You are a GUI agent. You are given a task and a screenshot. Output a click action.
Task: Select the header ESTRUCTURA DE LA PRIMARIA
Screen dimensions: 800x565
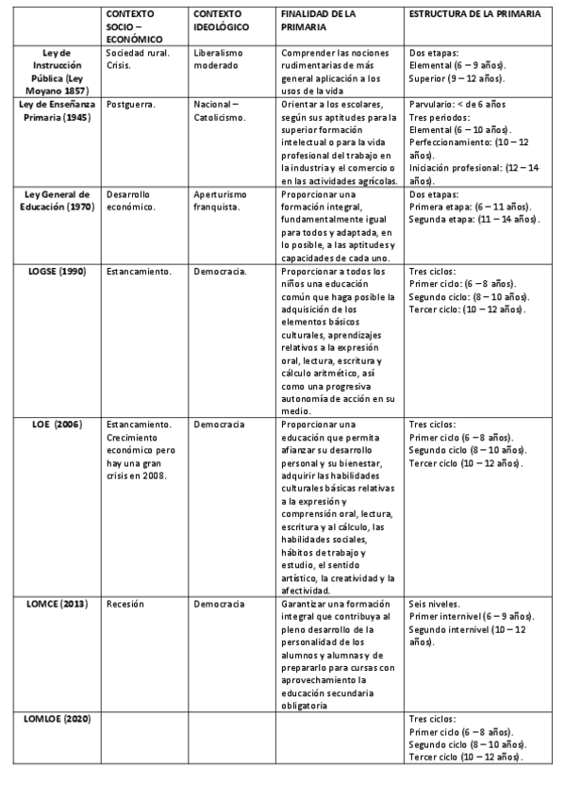pos(474,15)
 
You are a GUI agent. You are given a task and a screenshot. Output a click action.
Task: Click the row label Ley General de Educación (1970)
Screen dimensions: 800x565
pos(58,200)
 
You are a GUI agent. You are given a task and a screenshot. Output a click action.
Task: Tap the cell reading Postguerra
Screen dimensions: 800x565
pos(131,104)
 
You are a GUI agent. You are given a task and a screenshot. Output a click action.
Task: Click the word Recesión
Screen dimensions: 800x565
pos(125,604)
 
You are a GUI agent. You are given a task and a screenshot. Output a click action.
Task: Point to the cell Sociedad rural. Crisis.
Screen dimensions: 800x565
pos(138,60)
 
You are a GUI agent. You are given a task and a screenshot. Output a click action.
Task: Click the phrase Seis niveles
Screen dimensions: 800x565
pos(435,604)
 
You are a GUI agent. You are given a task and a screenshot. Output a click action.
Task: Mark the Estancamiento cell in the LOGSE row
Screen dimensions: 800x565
pos(139,272)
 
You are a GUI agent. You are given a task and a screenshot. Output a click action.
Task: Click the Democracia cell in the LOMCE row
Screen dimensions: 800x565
pos(219,604)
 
